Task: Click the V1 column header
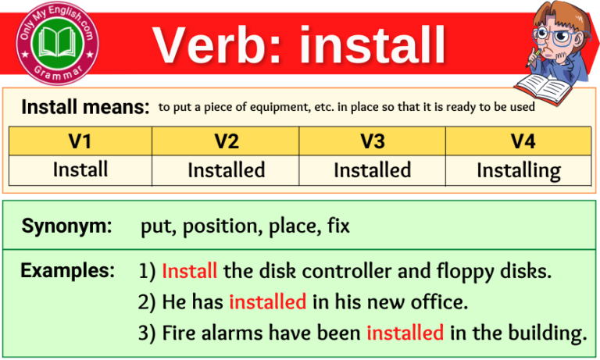click(x=80, y=141)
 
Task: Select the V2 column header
click(x=226, y=141)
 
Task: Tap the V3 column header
click(x=372, y=141)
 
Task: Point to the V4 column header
click(x=518, y=141)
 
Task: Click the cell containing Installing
click(x=518, y=169)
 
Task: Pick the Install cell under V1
click(x=80, y=169)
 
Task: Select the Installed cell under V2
click(x=226, y=169)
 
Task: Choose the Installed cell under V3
click(x=372, y=169)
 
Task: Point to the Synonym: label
click(x=66, y=226)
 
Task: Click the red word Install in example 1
click(x=190, y=272)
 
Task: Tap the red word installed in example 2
click(x=267, y=301)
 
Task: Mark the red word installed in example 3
click(x=405, y=333)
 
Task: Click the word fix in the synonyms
click(x=338, y=227)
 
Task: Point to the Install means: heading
click(x=85, y=107)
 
